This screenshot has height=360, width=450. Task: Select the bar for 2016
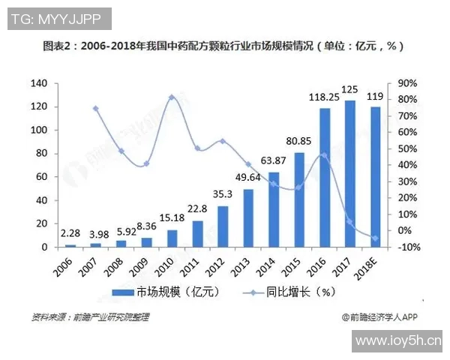[325, 178]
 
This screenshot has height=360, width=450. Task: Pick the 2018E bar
[375, 177]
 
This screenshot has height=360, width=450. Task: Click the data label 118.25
[324, 97]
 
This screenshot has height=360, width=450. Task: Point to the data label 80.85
[299, 141]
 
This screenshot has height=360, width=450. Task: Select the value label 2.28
[70, 233]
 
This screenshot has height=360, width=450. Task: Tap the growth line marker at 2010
[172, 97]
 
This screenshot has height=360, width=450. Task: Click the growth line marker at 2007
[95, 109]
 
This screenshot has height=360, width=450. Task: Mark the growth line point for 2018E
[375, 238]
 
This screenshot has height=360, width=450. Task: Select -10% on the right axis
[408, 247]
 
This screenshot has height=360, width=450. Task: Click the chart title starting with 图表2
[224, 46]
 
